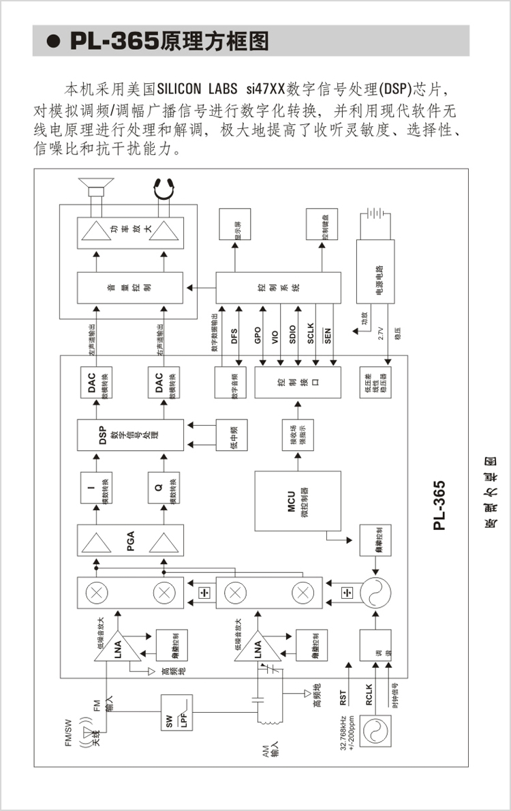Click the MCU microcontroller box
(298, 501)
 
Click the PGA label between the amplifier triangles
(130, 543)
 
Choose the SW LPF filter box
(176, 714)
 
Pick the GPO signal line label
(258, 335)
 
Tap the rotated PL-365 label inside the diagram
(439, 505)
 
